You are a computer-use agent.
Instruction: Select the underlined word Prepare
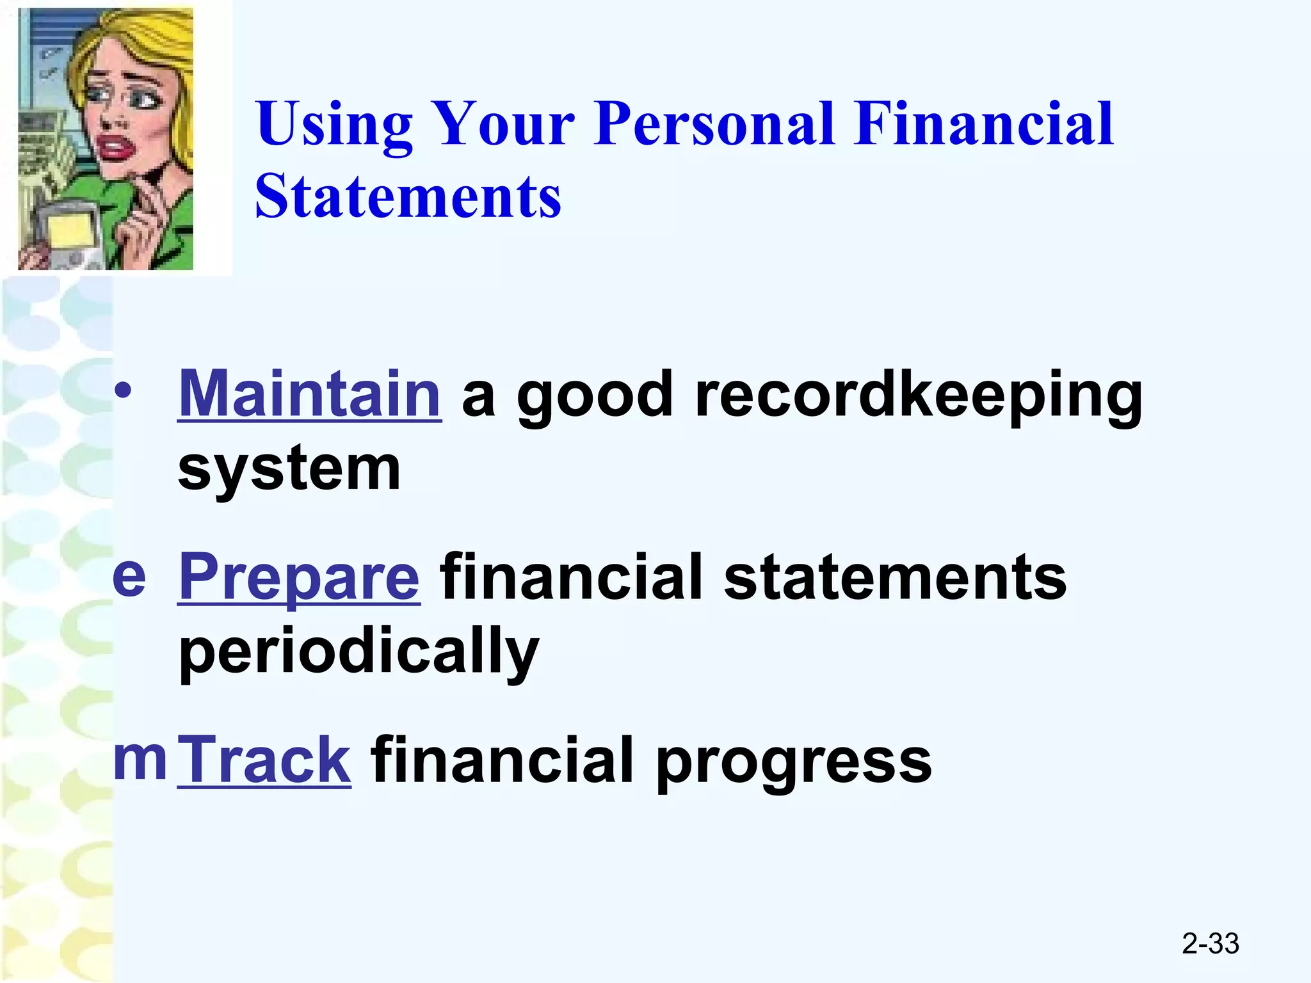click(x=299, y=577)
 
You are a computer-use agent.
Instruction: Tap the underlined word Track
click(x=264, y=760)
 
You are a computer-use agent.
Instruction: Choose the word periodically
click(x=358, y=652)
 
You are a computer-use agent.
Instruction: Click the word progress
click(x=794, y=762)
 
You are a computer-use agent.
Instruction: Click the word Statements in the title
click(x=408, y=196)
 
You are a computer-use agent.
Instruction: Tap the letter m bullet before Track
click(x=140, y=759)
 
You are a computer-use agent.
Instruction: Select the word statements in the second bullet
click(x=895, y=577)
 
